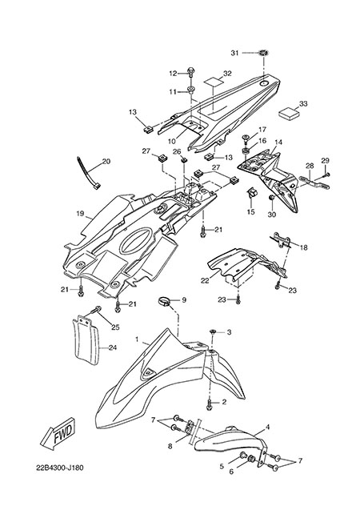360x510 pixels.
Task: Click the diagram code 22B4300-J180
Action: [60, 468]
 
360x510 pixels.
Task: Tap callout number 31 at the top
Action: [235, 53]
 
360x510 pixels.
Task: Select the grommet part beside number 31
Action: [263, 52]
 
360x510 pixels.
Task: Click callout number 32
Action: [227, 74]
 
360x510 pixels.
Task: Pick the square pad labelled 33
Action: [289, 114]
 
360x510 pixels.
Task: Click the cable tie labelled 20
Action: [89, 173]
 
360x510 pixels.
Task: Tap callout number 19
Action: [81, 214]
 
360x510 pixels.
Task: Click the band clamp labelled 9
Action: [165, 302]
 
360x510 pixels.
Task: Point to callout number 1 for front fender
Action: [137, 339]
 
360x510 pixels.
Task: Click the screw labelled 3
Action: [212, 331]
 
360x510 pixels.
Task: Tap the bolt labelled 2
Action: [210, 404]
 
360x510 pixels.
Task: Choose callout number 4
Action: [267, 427]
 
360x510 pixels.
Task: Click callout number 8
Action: [170, 446]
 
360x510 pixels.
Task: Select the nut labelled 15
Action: [252, 192]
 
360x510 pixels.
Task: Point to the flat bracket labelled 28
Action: [314, 183]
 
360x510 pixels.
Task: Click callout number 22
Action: [205, 280]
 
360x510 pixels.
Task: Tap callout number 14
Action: [278, 143]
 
